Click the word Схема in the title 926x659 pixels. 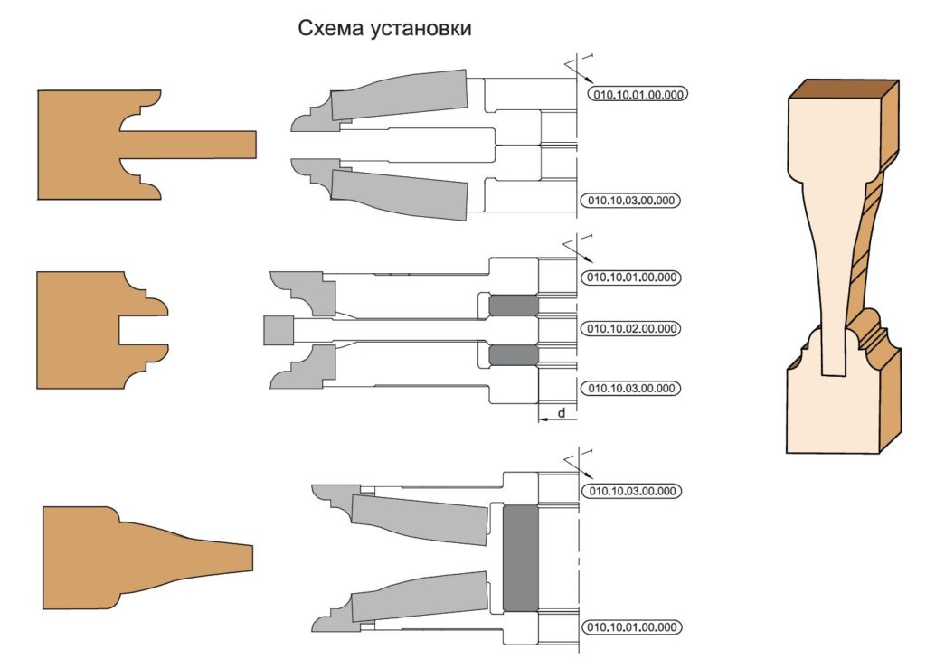(x=331, y=28)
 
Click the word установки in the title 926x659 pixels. (x=421, y=29)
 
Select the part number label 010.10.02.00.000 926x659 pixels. (x=631, y=328)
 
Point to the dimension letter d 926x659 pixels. (x=562, y=413)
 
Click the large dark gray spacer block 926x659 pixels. (x=520, y=558)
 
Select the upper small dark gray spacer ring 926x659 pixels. (x=514, y=306)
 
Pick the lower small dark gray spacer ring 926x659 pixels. (x=514, y=355)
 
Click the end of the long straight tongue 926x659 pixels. (x=254, y=144)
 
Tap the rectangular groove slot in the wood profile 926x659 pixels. (x=142, y=331)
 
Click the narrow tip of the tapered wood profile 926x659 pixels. (x=251, y=558)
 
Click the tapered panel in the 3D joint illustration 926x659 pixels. (x=833, y=266)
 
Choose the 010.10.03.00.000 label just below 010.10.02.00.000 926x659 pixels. (x=630, y=389)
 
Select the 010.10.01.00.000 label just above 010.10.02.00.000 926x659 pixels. (x=631, y=277)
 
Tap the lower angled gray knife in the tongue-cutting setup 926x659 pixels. (x=399, y=193)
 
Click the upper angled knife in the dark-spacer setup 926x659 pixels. (x=420, y=520)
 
